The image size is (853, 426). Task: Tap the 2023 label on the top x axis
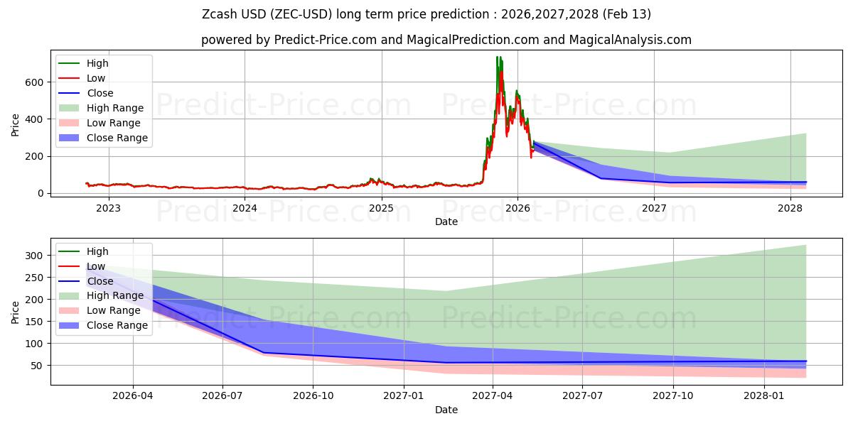click(x=108, y=208)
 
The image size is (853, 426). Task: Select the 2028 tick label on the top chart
click(x=790, y=208)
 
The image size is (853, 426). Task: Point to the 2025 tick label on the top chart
click(x=381, y=208)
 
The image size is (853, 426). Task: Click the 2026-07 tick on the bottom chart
click(x=222, y=396)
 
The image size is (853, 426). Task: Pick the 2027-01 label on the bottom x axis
click(x=404, y=396)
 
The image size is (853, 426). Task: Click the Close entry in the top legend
click(x=100, y=93)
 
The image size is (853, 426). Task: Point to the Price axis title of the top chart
click(x=16, y=124)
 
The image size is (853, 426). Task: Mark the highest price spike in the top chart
click(x=498, y=58)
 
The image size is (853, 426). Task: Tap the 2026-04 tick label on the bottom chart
click(x=133, y=396)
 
